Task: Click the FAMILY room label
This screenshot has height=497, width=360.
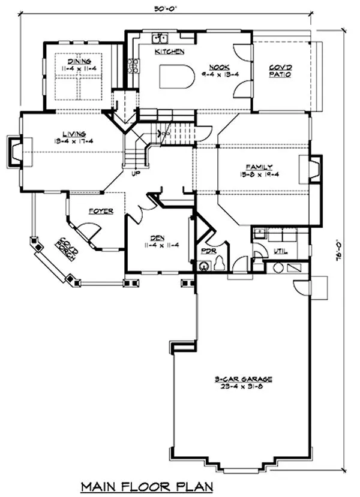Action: tap(259, 167)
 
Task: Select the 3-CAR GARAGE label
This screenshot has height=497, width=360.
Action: tap(244, 378)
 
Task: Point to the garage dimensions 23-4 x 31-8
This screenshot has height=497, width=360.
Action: tap(244, 387)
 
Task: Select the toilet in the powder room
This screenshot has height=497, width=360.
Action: tap(220, 263)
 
